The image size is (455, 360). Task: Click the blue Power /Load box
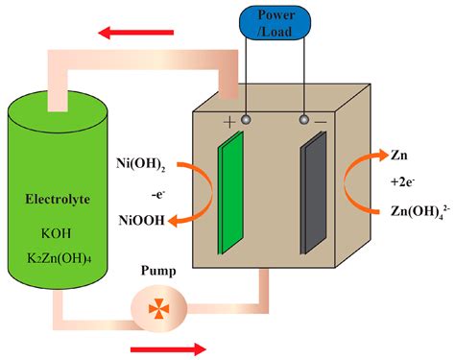tap(276, 23)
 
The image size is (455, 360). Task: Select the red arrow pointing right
tap(167, 348)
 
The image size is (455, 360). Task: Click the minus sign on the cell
tap(321, 123)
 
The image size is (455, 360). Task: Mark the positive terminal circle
tap(247, 121)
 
